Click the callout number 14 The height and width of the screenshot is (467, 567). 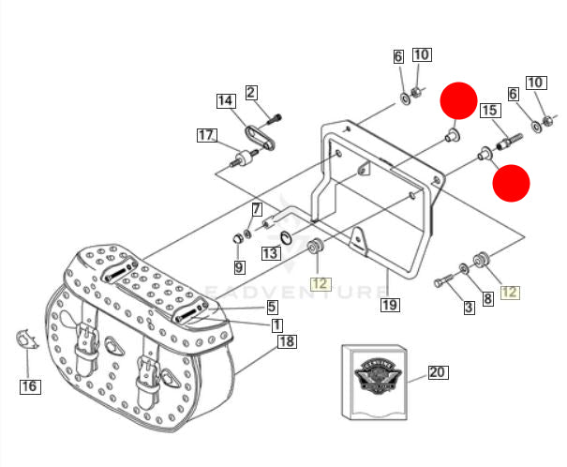point(226,100)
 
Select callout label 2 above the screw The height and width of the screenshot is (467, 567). point(251,92)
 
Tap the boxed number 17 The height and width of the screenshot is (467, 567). point(206,135)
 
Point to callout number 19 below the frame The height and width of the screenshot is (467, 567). point(390,304)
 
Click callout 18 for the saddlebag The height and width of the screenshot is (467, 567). point(287,341)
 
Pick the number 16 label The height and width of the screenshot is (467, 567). point(30,385)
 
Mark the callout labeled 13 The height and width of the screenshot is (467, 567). point(270,253)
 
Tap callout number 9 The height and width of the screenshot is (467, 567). point(239,267)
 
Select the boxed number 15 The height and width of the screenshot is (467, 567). point(489,112)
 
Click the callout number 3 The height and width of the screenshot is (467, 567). point(469,307)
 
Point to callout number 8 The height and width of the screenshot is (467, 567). point(487,299)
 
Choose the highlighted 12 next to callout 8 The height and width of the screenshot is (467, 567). point(510,292)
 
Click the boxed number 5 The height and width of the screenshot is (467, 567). point(271,307)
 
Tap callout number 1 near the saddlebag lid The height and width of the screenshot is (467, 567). point(277,325)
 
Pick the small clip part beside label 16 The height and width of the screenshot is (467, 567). point(25,338)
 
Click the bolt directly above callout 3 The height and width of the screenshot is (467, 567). point(444,279)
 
